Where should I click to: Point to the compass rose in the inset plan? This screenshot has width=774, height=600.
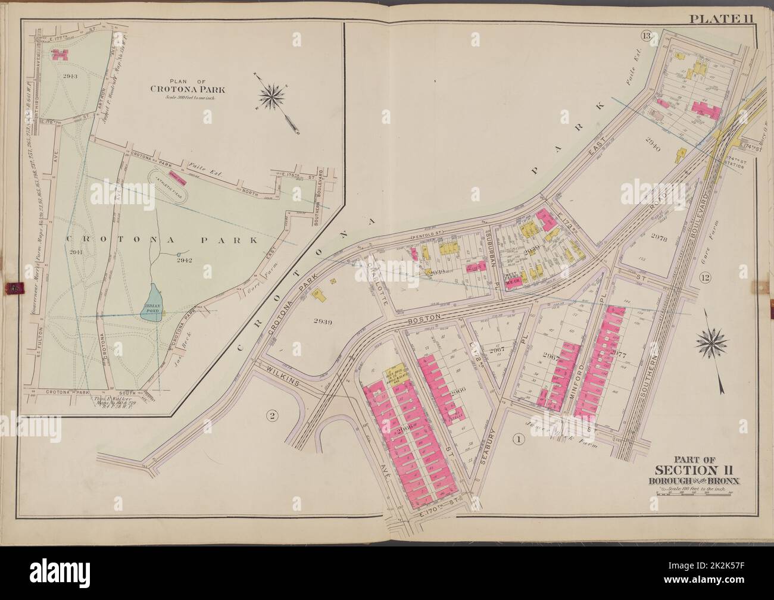coord(274,95)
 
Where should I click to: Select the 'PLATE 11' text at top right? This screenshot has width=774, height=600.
coord(722,18)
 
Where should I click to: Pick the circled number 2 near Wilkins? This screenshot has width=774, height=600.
coord(270,416)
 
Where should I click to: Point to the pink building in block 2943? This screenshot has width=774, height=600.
coord(59,55)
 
